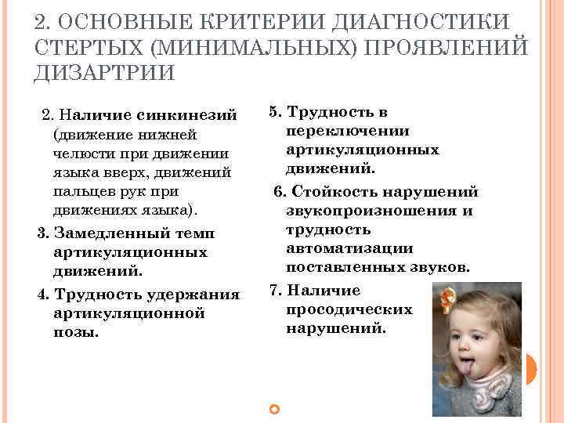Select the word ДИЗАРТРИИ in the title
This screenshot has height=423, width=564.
(105, 73)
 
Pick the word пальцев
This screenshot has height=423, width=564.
(80, 191)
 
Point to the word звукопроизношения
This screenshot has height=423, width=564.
(380, 211)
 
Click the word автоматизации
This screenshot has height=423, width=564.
(349, 248)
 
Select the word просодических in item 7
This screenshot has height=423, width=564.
(349, 309)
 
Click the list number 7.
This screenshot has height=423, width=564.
(273, 290)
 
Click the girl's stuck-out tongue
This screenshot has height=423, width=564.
(470, 365)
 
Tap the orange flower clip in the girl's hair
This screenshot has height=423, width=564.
(449, 298)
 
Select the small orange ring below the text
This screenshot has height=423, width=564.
(273, 409)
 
